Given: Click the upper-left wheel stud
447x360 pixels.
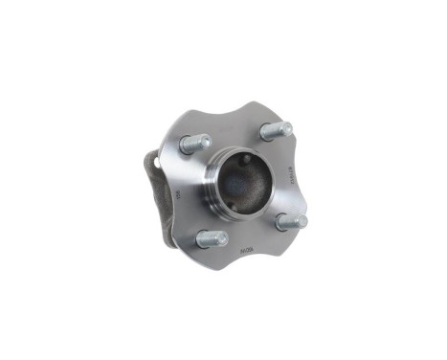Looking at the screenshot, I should (x=194, y=144).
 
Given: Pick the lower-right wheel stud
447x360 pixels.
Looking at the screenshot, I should (x=291, y=221).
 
